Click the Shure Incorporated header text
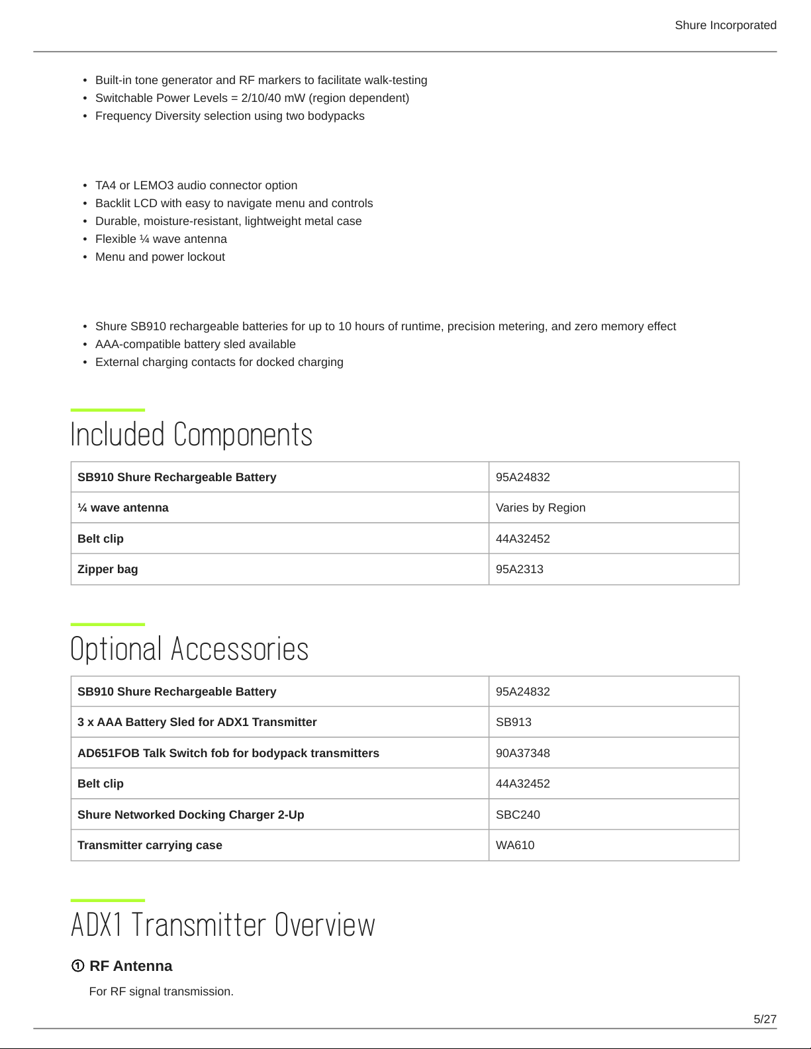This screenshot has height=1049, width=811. [725, 25]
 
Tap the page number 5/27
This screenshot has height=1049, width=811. [765, 1019]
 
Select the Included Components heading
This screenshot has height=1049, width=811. [191, 435]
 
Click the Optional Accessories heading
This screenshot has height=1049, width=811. [189, 649]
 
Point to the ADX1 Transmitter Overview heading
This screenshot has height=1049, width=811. [222, 925]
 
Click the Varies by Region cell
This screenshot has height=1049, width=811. [540, 508]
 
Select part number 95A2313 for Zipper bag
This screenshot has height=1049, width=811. [519, 569]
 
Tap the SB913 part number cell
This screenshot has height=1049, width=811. [513, 722]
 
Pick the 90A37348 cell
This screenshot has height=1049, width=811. [522, 753]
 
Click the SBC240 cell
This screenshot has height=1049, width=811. [518, 815]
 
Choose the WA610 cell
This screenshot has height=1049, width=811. [514, 845]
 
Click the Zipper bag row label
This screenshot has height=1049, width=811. [108, 569]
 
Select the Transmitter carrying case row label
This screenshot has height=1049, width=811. [150, 845]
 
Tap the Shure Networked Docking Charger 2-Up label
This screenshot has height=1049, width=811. [191, 815]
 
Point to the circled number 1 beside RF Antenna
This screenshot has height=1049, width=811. [77, 966]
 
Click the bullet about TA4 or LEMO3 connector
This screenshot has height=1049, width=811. [196, 185]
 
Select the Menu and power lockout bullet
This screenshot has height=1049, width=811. [160, 257]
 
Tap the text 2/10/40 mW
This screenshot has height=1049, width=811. [273, 98]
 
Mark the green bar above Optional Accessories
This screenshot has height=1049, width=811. [107, 624]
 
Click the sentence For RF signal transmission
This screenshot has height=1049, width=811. [161, 991]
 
